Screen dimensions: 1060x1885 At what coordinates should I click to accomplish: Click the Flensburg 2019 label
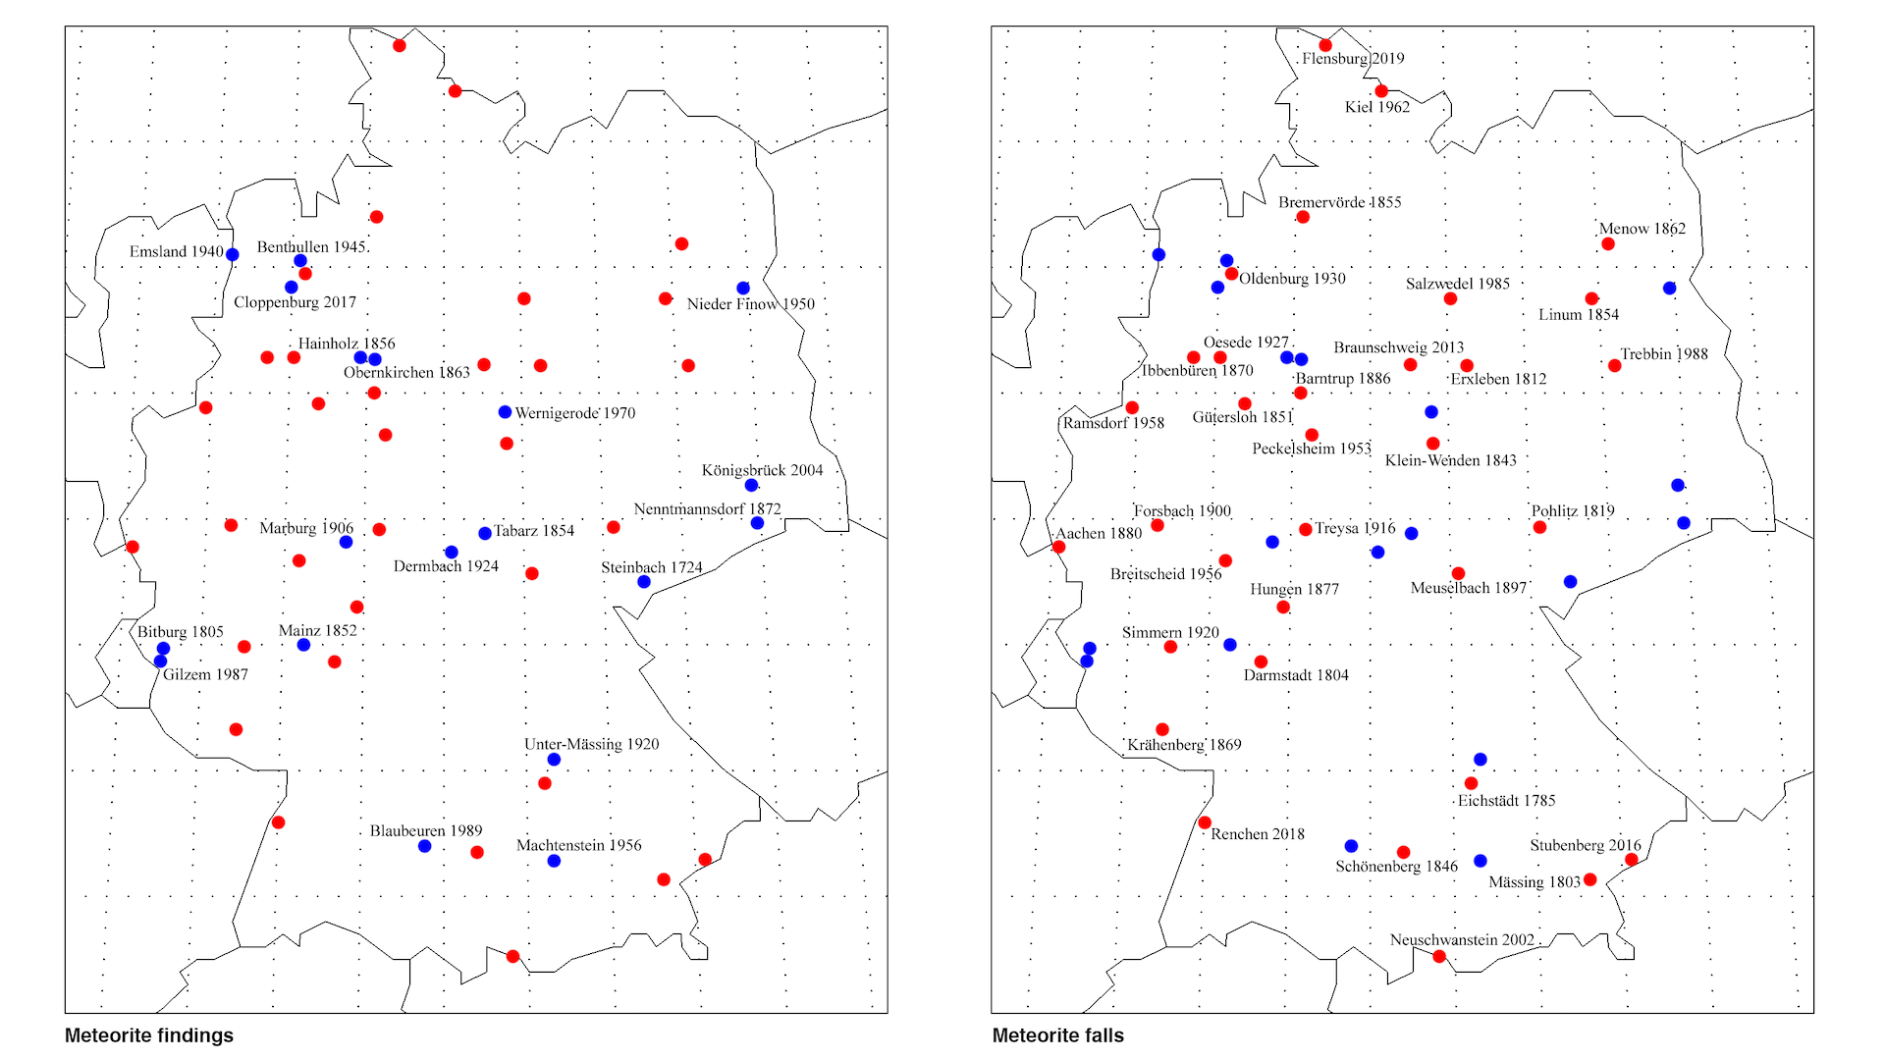(x=1353, y=59)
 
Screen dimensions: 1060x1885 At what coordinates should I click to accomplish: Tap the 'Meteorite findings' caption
(x=149, y=1035)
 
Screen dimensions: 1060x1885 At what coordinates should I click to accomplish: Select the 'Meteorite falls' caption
(x=1057, y=1035)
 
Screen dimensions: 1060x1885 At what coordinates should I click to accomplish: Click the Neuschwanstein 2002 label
(x=1462, y=940)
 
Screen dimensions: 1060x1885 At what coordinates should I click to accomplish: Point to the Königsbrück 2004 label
(x=762, y=470)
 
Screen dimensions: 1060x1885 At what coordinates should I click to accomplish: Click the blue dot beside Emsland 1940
(x=233, y=254)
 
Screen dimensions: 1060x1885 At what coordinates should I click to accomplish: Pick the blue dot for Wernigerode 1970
(x=505, y=412)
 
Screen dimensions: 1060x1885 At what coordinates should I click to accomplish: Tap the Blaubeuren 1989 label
(x=426, y=831)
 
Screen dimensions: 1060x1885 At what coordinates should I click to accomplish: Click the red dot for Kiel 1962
(x=1381, y=91)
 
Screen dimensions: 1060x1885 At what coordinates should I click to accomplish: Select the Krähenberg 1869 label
(x=1184, y=745)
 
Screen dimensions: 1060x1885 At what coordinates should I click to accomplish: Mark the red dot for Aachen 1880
(x=1058, y=547)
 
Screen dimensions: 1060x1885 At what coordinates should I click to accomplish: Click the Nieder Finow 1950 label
(x=751, y=304)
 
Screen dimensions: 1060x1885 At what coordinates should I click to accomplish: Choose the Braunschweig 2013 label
(x=1398, y=347)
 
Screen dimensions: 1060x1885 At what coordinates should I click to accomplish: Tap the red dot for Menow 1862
(x=1608, y=243)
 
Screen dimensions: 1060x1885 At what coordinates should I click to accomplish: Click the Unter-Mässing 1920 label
(x=591, y=744)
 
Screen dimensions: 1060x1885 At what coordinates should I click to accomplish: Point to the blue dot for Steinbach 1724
(x=644, y=582)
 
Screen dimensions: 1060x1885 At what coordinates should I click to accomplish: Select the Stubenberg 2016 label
(x=1586, y=845)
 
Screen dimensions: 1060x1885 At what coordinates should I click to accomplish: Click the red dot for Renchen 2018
(x=1205, y=822)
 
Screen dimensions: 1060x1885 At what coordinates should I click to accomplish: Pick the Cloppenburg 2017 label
(x=295, y=302)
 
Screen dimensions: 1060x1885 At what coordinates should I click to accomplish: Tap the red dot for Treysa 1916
(x=1306, y=530)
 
